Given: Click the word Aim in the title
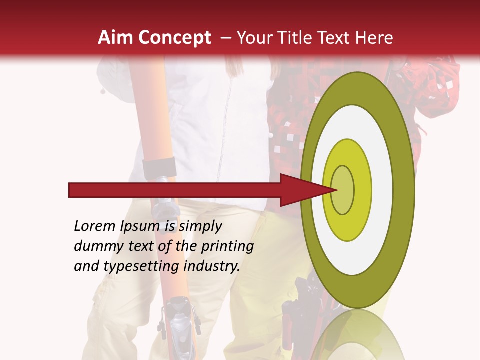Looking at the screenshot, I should pos(116,38).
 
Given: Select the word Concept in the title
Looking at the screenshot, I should pos(174,38).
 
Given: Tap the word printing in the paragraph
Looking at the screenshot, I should pos(227,246).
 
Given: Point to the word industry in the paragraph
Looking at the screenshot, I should pos(212,266).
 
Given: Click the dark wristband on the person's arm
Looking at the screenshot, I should pos(159,167).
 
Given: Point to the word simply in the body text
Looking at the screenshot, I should pos(200,226).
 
